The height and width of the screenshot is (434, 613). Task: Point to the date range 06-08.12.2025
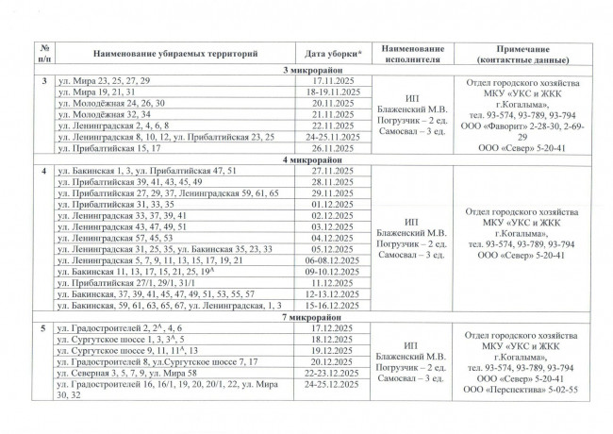coord(329,259)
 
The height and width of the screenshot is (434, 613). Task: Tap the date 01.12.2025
coord(329,203)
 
